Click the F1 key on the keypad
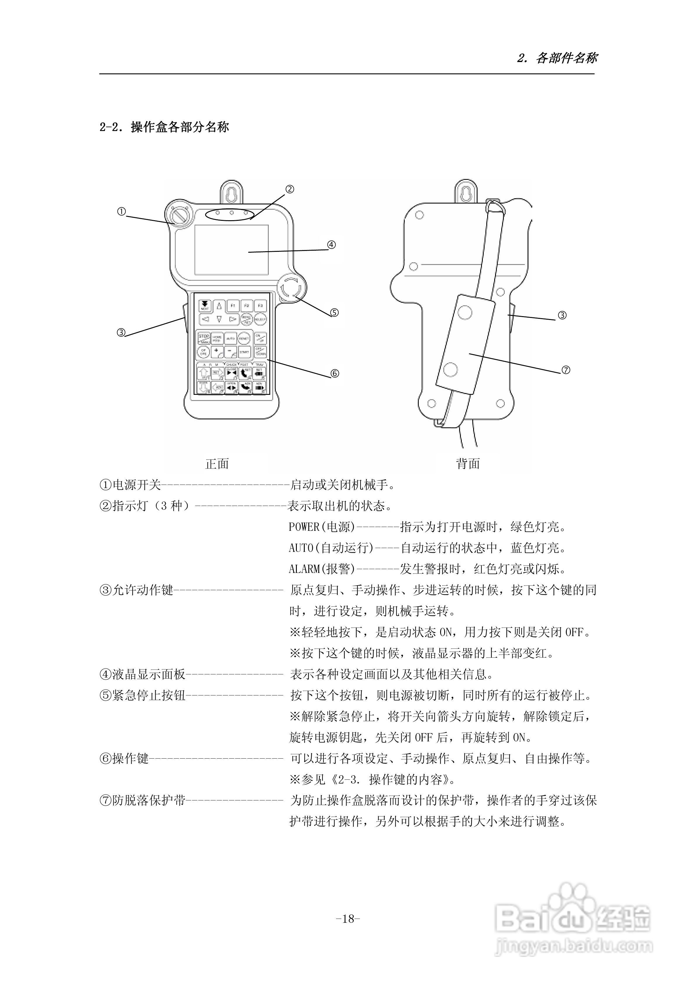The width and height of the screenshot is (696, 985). point(232,305)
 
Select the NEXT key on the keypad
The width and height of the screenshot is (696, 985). point(205,305)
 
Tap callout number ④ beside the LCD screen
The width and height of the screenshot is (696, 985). point(331,245)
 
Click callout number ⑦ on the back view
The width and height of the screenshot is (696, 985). point(566,370)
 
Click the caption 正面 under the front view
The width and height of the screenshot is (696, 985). point(217,464)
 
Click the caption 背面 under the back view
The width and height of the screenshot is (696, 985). point(468,464)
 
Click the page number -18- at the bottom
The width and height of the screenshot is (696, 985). point(348,919)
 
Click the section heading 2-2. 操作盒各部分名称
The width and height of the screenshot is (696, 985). point(164,127)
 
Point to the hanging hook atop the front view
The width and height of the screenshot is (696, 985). point(232,193)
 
